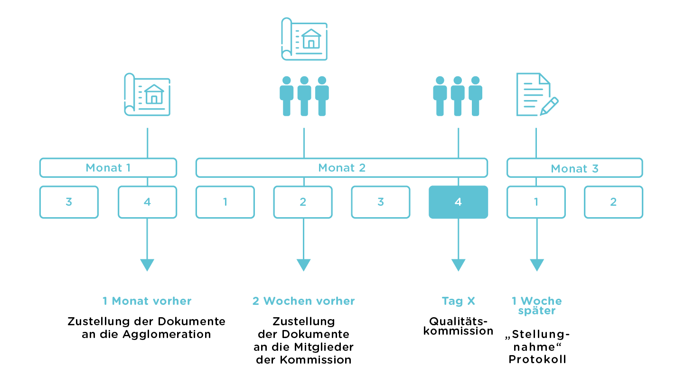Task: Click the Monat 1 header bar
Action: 108,168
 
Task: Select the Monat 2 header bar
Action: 342,168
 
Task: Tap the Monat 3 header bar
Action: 574,168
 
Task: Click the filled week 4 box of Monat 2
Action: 458,202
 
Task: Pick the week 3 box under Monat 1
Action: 69,202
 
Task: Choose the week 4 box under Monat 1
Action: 147,202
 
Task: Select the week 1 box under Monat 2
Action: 225,202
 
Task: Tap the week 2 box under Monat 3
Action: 613,202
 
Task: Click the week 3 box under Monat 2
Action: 381,202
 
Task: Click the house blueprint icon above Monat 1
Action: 147,94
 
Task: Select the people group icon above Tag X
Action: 458,96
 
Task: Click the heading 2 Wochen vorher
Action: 304,301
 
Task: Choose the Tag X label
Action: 458,301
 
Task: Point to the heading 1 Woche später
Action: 536,306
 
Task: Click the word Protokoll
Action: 537,359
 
